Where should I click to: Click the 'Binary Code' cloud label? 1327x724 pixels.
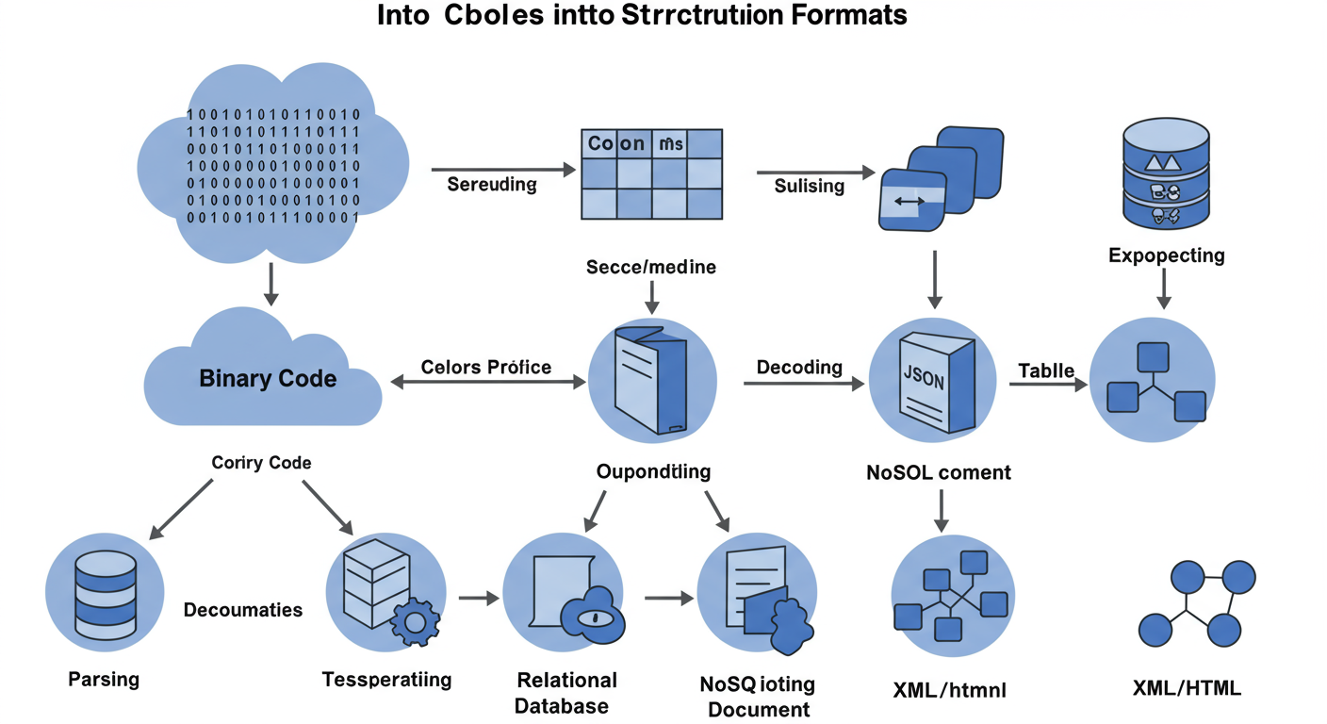point(268,379)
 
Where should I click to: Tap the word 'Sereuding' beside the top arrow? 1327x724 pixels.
point(491,185)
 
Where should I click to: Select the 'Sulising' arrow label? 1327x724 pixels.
point(809,186)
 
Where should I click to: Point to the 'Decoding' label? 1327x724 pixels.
point(799,367)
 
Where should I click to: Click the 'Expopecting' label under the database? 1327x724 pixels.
point(1166,255)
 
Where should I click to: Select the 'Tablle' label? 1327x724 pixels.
point(1046,370)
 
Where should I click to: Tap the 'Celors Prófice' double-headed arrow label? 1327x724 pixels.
point(486,367)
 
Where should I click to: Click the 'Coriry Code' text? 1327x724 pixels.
point(261,463)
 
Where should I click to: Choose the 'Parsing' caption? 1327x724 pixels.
point(104,679)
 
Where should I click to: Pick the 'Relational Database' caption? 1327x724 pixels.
point(566,693)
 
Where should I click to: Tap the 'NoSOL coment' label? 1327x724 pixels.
point(938,472)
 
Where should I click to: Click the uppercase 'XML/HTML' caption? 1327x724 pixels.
point(1187,688)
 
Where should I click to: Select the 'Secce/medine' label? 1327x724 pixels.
point(650,267)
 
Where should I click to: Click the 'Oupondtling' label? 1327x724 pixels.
point(654,471)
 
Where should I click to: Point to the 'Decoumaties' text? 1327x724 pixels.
point(243,610)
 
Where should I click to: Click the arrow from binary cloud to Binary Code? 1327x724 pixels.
point(271,283)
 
